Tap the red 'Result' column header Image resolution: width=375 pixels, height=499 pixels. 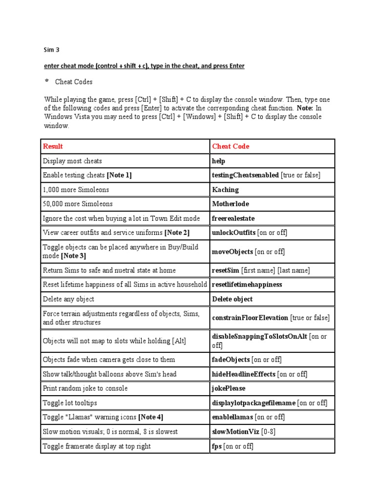(53, 146)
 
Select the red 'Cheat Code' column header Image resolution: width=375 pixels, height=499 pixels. (230, 146)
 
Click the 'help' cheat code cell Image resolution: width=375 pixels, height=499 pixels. (219, 161)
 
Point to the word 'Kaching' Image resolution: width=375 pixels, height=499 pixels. (226, 190)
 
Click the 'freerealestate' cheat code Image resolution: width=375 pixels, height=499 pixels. (233, 218)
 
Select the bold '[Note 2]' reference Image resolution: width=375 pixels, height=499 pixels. (177, 232)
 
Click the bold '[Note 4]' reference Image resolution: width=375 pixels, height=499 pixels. (151, 417)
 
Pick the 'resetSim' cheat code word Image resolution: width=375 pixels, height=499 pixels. (226, 270)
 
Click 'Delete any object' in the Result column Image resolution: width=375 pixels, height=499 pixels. (68, 299)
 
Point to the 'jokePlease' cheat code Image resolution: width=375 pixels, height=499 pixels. (229, 388)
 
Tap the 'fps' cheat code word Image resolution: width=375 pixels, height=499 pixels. (217, 446)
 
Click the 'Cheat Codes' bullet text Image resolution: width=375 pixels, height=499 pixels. (74, 82)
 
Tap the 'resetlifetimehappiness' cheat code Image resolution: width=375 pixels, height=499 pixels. (247, 284)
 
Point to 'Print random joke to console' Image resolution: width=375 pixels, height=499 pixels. (85, 388)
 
